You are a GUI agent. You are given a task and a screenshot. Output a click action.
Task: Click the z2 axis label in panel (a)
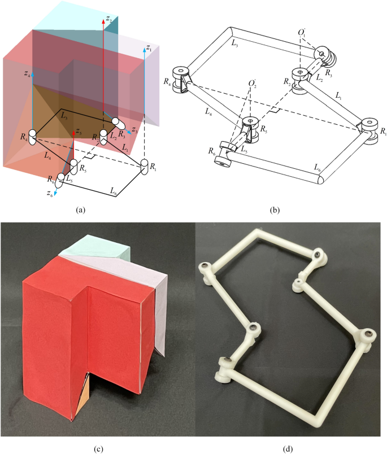pyautogui.click(x=109, y=19)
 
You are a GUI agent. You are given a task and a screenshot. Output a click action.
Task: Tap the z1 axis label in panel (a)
pyautogui.click(x=149, y=48)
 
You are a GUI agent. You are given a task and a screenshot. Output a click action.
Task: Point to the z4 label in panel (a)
pyautogui.click(x=27, y=74)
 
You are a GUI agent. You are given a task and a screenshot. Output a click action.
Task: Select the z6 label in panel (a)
pyautogui.click(x=50, y=194)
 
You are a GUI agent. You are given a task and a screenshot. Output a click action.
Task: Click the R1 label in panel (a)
pyautogui.click(x=153, y=167)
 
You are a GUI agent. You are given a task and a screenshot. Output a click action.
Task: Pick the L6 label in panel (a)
pyautogui.click(x=113, y=190)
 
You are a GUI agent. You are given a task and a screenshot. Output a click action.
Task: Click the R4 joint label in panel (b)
pyautogui.click(x=167, y=82)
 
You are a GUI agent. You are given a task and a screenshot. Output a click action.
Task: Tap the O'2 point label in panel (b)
pyautogui.click(x=252, y=84)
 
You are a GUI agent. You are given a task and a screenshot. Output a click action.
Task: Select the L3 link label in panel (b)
pyautogui.click(x=234, y=43)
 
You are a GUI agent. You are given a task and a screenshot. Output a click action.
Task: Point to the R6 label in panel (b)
pyautogui.click(x=212, y=151)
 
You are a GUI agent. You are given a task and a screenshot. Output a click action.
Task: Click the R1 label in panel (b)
pyautogui.click(x=383, y=132)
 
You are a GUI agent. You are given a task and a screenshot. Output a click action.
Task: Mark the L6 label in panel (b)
pyautogui.click(x=318, y=167)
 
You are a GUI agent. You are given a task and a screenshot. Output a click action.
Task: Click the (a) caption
pyautogui.click(x=80, y=210)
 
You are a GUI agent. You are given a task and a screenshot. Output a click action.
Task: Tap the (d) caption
pyautogui.click(x=287, y=449)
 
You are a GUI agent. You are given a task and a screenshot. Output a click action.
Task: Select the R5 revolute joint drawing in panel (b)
pyautogui.click(x=250, y=129)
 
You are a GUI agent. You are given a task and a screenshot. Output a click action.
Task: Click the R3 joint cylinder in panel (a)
pyautogui.click(x=119, y=124)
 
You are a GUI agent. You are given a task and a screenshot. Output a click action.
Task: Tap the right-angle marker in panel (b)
pyautogui.click(x=275, y=110)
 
